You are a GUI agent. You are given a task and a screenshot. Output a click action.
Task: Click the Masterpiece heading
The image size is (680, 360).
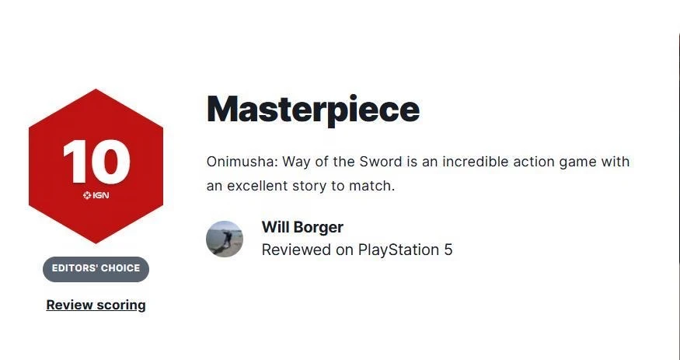(313, 110)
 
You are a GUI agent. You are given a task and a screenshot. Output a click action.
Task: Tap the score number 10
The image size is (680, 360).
(96, 162)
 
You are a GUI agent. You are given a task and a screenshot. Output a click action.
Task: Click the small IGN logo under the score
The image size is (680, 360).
(96, 195)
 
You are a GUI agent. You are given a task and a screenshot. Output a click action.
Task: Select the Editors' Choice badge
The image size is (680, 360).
(96, 269)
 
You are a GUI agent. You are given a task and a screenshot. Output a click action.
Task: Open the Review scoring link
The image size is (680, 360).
(96, 305)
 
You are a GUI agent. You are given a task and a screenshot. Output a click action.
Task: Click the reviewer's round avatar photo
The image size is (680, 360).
(225, 239)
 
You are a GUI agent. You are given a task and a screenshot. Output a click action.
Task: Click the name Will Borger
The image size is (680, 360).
(302, 227)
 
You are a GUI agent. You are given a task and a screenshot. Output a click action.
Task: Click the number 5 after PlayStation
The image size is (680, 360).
(448, 250)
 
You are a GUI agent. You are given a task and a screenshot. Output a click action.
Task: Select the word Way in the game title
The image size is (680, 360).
(297, 163)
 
